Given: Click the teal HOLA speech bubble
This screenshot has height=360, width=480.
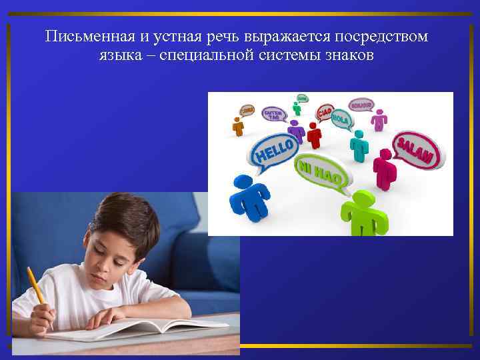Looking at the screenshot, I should pos(341,119).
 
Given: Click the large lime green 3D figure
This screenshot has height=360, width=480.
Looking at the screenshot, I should pos(363,213).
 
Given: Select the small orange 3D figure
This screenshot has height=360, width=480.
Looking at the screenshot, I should pos(237,125).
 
